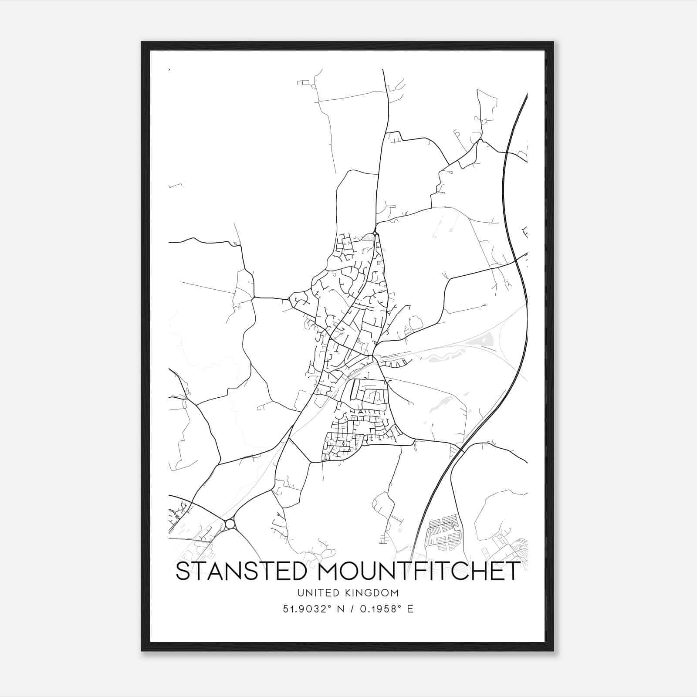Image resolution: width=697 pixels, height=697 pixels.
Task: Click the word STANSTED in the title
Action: (x=241, y=571)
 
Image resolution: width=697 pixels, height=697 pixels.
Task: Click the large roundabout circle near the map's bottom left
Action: (x=230, y=524)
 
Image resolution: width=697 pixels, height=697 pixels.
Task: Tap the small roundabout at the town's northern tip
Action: (x=375, y=234)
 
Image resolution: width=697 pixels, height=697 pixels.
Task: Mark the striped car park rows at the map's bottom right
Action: (x=443, y=532)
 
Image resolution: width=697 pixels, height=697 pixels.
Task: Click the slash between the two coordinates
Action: (x=348, y=609)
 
